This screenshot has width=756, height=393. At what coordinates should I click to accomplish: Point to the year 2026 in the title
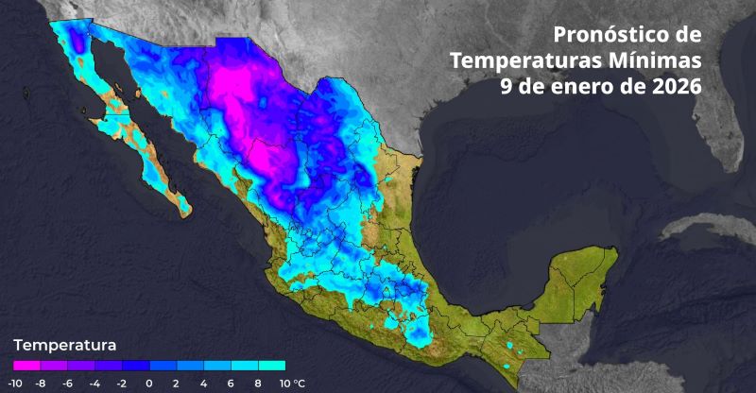coord(672,85)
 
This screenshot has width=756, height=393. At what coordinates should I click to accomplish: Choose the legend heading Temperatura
coord(64,344)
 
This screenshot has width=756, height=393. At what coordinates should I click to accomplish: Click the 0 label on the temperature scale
coord(149,384)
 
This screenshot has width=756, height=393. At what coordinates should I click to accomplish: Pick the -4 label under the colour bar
coord(94,384)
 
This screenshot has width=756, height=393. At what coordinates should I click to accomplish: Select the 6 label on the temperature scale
coord(231,384)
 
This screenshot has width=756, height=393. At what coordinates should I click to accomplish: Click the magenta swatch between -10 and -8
coord(27,364)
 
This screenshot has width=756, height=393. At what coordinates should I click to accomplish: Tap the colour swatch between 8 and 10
coord(271,364)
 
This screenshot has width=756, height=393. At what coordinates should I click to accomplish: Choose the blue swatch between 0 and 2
coord(163,364)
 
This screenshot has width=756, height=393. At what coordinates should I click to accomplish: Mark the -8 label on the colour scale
coord(41,384)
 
